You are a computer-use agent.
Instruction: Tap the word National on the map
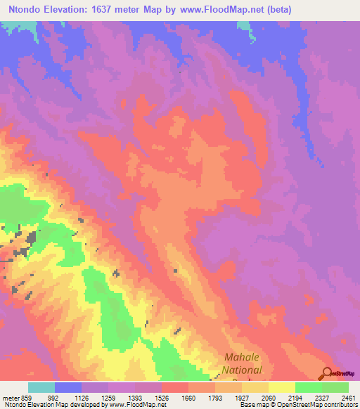(242, 370)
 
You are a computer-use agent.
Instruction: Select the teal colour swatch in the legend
(41, 387)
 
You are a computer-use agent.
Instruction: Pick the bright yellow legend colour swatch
(282, 387)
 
